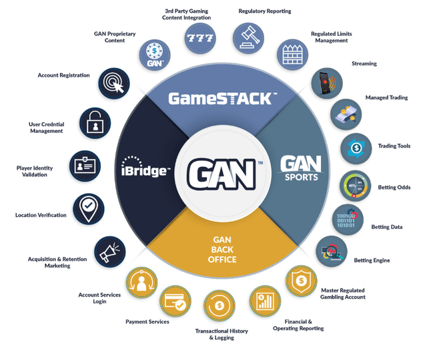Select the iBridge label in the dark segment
145,167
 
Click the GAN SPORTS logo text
300,168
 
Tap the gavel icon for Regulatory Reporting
248,35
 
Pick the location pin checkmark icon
88,208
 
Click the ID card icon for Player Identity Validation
86,164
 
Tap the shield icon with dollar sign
302,281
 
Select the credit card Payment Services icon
175,303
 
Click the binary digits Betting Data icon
348,220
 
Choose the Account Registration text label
63,75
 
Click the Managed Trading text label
387,98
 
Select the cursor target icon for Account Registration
114,83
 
